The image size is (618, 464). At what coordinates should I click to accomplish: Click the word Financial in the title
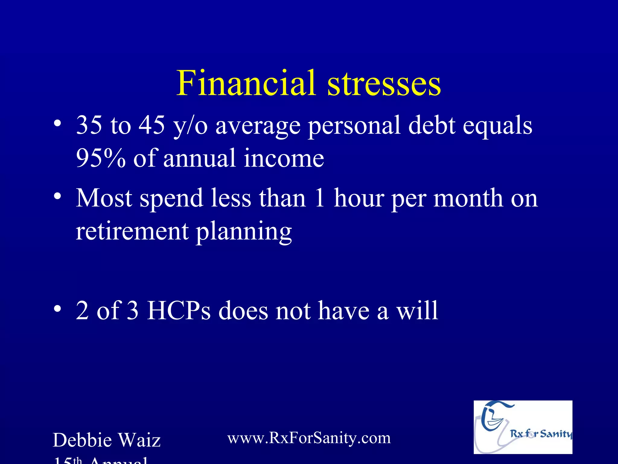(246, 83)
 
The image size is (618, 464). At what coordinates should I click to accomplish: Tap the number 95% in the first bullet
(100, 158)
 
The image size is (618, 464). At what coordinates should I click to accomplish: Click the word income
(284, 158)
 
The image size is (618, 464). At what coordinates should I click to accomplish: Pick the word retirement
(132, 231)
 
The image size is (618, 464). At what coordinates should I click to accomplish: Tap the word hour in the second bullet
(359, 198)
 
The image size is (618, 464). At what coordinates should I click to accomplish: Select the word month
(468, 198)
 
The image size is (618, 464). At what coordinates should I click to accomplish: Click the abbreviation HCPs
(179, 310)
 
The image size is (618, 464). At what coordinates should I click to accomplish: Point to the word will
(417, 310)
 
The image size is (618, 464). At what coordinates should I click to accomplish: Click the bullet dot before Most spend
(57, 196)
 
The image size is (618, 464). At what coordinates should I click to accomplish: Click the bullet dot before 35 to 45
(57, 124)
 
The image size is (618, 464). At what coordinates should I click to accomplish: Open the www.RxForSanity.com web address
(309, 438)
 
